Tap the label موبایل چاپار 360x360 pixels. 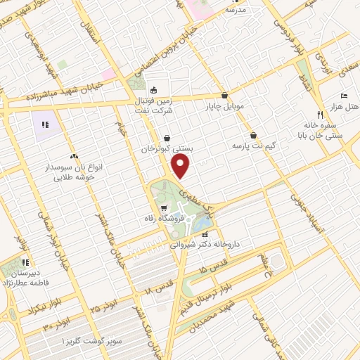pos(224,107)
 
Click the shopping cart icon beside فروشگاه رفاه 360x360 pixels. pos(164,208)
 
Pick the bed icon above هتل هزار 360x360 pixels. pos(343,95)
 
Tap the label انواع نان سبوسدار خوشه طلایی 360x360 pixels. pos(75,169)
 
